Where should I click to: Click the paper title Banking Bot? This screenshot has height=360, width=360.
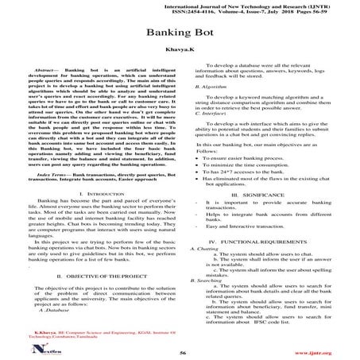click(180, 37)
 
